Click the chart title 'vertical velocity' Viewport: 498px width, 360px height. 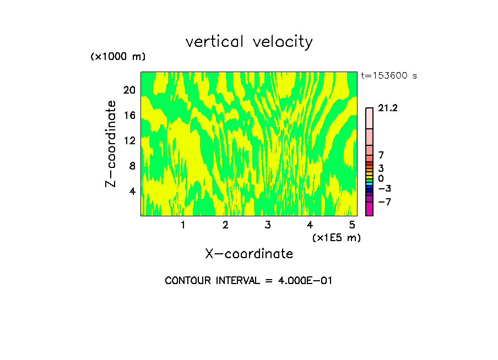coord(249,42)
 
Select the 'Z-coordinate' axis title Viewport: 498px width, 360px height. coord(111,143)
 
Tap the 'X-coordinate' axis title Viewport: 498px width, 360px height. coord(249,254)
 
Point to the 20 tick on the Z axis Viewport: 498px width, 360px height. coord(129,90)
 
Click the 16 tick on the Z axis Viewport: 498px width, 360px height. coord(129,116)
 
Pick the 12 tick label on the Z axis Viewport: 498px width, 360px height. coord(129,141)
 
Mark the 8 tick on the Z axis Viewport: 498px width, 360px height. coord(132,166)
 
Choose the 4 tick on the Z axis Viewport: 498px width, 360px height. coord(132,192)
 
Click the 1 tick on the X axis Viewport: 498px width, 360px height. coord(183,225)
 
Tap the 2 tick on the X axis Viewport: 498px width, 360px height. coord(225,225)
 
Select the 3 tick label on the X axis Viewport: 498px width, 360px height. coord(268,225)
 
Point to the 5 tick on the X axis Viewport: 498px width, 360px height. coord(352,225)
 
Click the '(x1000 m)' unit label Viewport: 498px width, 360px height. coord(118,57)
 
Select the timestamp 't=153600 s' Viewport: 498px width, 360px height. coord(389,76)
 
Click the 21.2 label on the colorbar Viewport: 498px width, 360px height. coord(388,108)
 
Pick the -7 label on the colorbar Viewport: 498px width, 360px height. coord(385,202)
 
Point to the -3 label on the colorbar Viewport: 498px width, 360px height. coord(385,189)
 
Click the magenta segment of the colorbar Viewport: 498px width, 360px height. coord(369,209)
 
